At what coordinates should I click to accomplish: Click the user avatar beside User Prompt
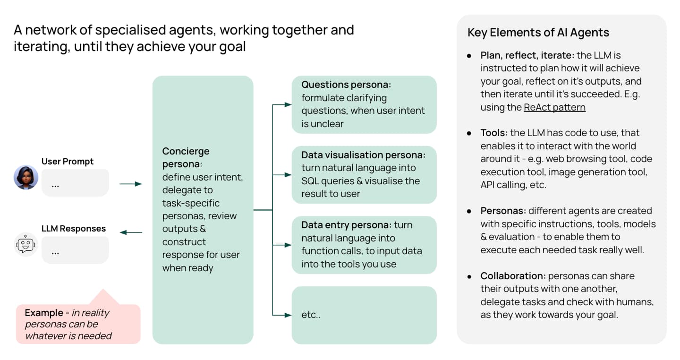(x=25, y=178)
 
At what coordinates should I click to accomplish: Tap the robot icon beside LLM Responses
(x=25, y=244)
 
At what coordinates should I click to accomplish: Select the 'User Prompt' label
(x=68, y=162)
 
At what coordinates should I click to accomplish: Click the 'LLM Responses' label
(x=74, y=229)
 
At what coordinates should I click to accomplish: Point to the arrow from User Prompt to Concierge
(x=130, y=184)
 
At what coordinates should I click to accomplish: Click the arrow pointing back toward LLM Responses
(x=131, y=232)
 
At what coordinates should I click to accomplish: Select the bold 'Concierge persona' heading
(x=186, y=158)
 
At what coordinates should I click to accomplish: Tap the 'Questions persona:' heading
(x=347, y=85)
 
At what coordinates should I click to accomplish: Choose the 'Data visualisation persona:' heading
(x=364, y=155)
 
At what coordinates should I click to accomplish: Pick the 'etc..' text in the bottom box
(x=311, y=315)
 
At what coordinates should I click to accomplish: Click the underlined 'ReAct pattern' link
(x=554, y=107)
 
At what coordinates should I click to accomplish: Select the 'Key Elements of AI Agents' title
(x=538, y=33)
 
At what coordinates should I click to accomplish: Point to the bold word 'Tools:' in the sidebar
(x=494, y=133)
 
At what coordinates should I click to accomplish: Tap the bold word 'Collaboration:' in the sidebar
(x=512, y=276)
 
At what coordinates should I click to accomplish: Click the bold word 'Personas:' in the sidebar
(x=503, y=211)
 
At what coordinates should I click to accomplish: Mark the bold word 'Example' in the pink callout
(x=44, y=313)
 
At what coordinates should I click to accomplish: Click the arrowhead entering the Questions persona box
(x=289, y=105)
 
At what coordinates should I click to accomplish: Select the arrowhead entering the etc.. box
(x=289, y=315)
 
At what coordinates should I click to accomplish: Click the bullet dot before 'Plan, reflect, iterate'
(x=469, y=56)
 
